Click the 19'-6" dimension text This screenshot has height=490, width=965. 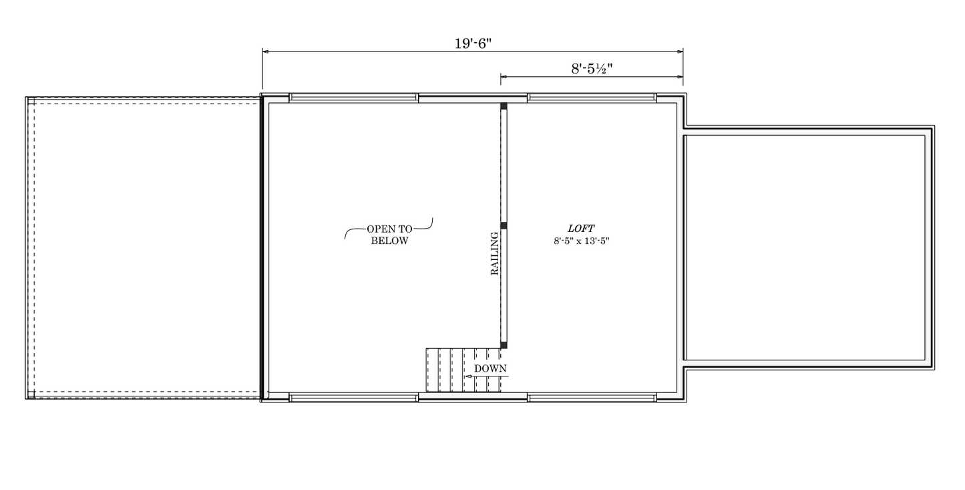[x=473, y=43]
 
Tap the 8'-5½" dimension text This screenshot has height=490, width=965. [x=592, y=69]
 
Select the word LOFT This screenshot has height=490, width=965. [x=581, y=229]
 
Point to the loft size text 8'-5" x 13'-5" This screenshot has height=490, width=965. [x=582, y=241]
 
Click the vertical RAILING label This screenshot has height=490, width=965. [x=495, y=253]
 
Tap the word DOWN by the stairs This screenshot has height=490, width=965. [x=490, y=369]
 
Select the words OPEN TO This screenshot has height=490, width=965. [x=389, y=229]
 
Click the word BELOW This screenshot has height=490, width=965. [x=389, y=241]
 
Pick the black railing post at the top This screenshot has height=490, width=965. [x=504, y=106]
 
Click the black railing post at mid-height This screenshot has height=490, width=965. [x=504, y=225]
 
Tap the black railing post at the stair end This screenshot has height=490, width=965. [x=504, y=346]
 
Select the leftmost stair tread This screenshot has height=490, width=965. [x=433, y=370]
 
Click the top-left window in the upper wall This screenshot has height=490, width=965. [x=353, y=98]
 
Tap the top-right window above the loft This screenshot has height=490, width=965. [x=592, y=98]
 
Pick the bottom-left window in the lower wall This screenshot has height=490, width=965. [x=353, y=397]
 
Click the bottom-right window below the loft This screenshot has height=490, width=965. [x=592, y=397]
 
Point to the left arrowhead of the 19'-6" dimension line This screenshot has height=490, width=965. [x=265, y=51]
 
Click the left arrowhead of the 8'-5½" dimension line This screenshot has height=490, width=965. [x=504, y=77]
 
